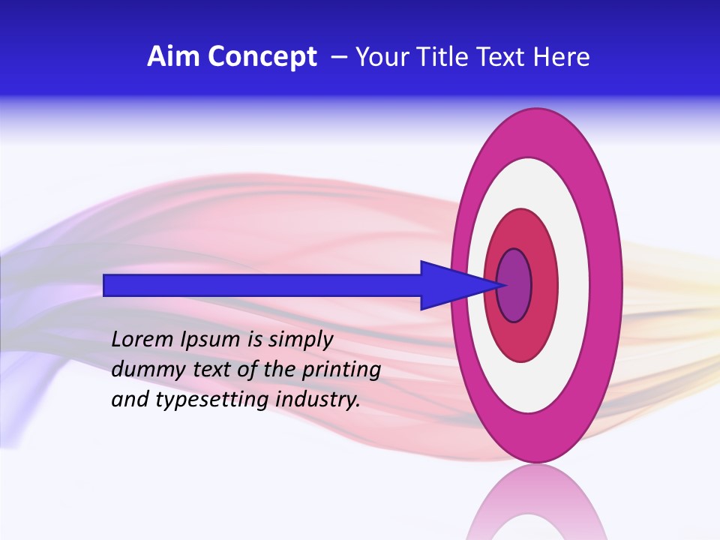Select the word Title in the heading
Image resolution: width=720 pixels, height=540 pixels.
[x=444, y=57]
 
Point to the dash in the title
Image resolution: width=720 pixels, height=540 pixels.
[x=339, y=58]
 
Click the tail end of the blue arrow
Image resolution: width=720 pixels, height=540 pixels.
[x=106, y=285]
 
